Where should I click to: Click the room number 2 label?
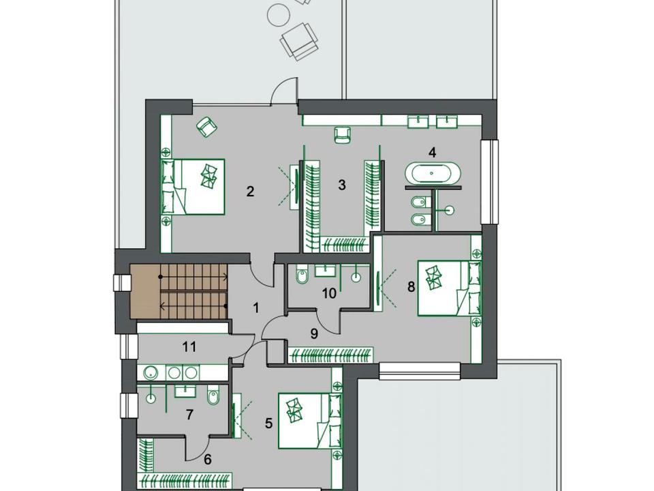[250, 192]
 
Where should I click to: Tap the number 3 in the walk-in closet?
[342, 185]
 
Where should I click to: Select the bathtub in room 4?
[433, 173]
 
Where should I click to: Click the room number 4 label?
[433, 152]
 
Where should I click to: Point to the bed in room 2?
[193, 187]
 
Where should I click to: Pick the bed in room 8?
[450, 288]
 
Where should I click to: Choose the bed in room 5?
[310, 421]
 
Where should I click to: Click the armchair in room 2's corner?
[207, 126]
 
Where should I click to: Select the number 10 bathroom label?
[330, 293]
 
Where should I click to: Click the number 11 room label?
[189, 346]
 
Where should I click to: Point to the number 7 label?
[190, 415]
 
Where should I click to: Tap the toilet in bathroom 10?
[302, 276]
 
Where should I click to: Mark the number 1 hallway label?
[256, 308]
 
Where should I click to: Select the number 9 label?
[315, 333]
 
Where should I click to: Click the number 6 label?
[208, 459]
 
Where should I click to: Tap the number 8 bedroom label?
[411, 287]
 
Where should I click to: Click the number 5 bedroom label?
[268, 423]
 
